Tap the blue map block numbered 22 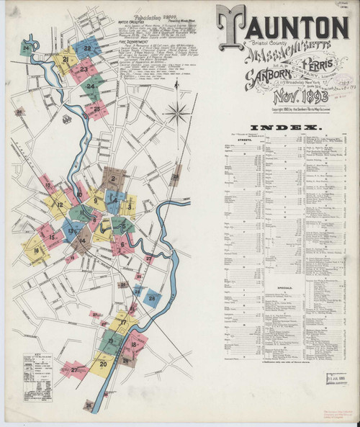click(87, 49)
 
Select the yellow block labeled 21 click(66, 60)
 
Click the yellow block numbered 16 click(35, 251)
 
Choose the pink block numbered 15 click(51, 235)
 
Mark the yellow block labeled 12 click(60, 206)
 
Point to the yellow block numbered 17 click(123, 323)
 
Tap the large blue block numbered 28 click(152, 298)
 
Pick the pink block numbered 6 click(122, 244)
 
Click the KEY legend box click(37, 375)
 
